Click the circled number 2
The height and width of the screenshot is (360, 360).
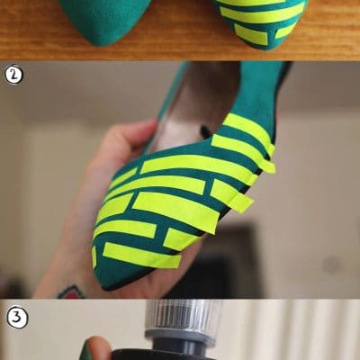(13, 74)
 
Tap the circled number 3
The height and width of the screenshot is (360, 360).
(17, 318)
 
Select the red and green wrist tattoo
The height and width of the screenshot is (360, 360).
(71, 292)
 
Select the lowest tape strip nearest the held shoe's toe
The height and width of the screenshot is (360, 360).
(141, 255)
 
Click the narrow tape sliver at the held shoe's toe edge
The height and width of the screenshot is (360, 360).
(94, 256)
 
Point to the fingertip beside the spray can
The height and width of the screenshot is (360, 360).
(95, 348)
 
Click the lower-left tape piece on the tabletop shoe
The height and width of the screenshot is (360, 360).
(251, 35)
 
